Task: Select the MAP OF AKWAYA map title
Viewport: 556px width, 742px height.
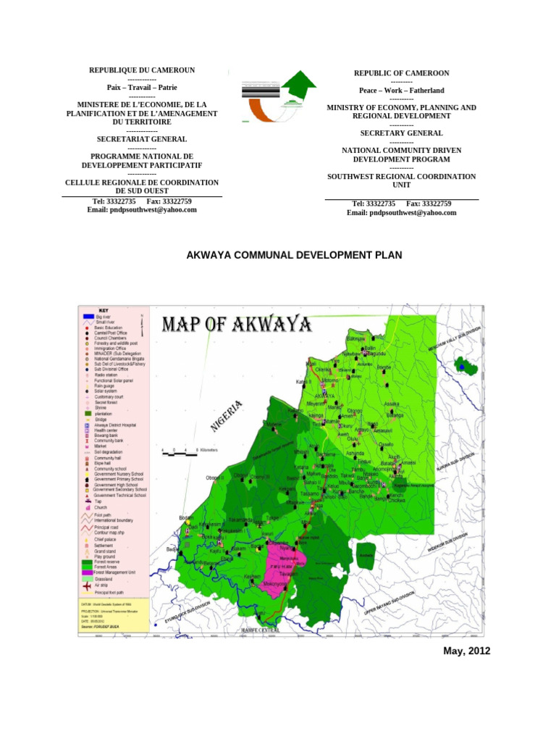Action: [x=237, y=323]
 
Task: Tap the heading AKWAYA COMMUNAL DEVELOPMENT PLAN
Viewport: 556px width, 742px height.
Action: [x=294, y=255]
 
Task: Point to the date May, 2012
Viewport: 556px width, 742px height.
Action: [x=466, y=651]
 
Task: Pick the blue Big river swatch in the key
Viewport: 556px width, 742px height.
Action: [x=86, y=317]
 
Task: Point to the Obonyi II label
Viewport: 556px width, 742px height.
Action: [x=216, y=477]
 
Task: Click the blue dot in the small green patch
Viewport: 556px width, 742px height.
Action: [x=462, y=367]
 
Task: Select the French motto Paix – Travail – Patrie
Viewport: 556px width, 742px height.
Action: [x=142, y=87]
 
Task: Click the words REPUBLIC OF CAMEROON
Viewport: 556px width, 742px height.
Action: [x=401, y=74]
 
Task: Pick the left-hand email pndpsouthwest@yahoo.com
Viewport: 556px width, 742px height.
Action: [x=142, y=209]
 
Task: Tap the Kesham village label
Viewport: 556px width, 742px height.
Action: [x=251, y=575]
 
